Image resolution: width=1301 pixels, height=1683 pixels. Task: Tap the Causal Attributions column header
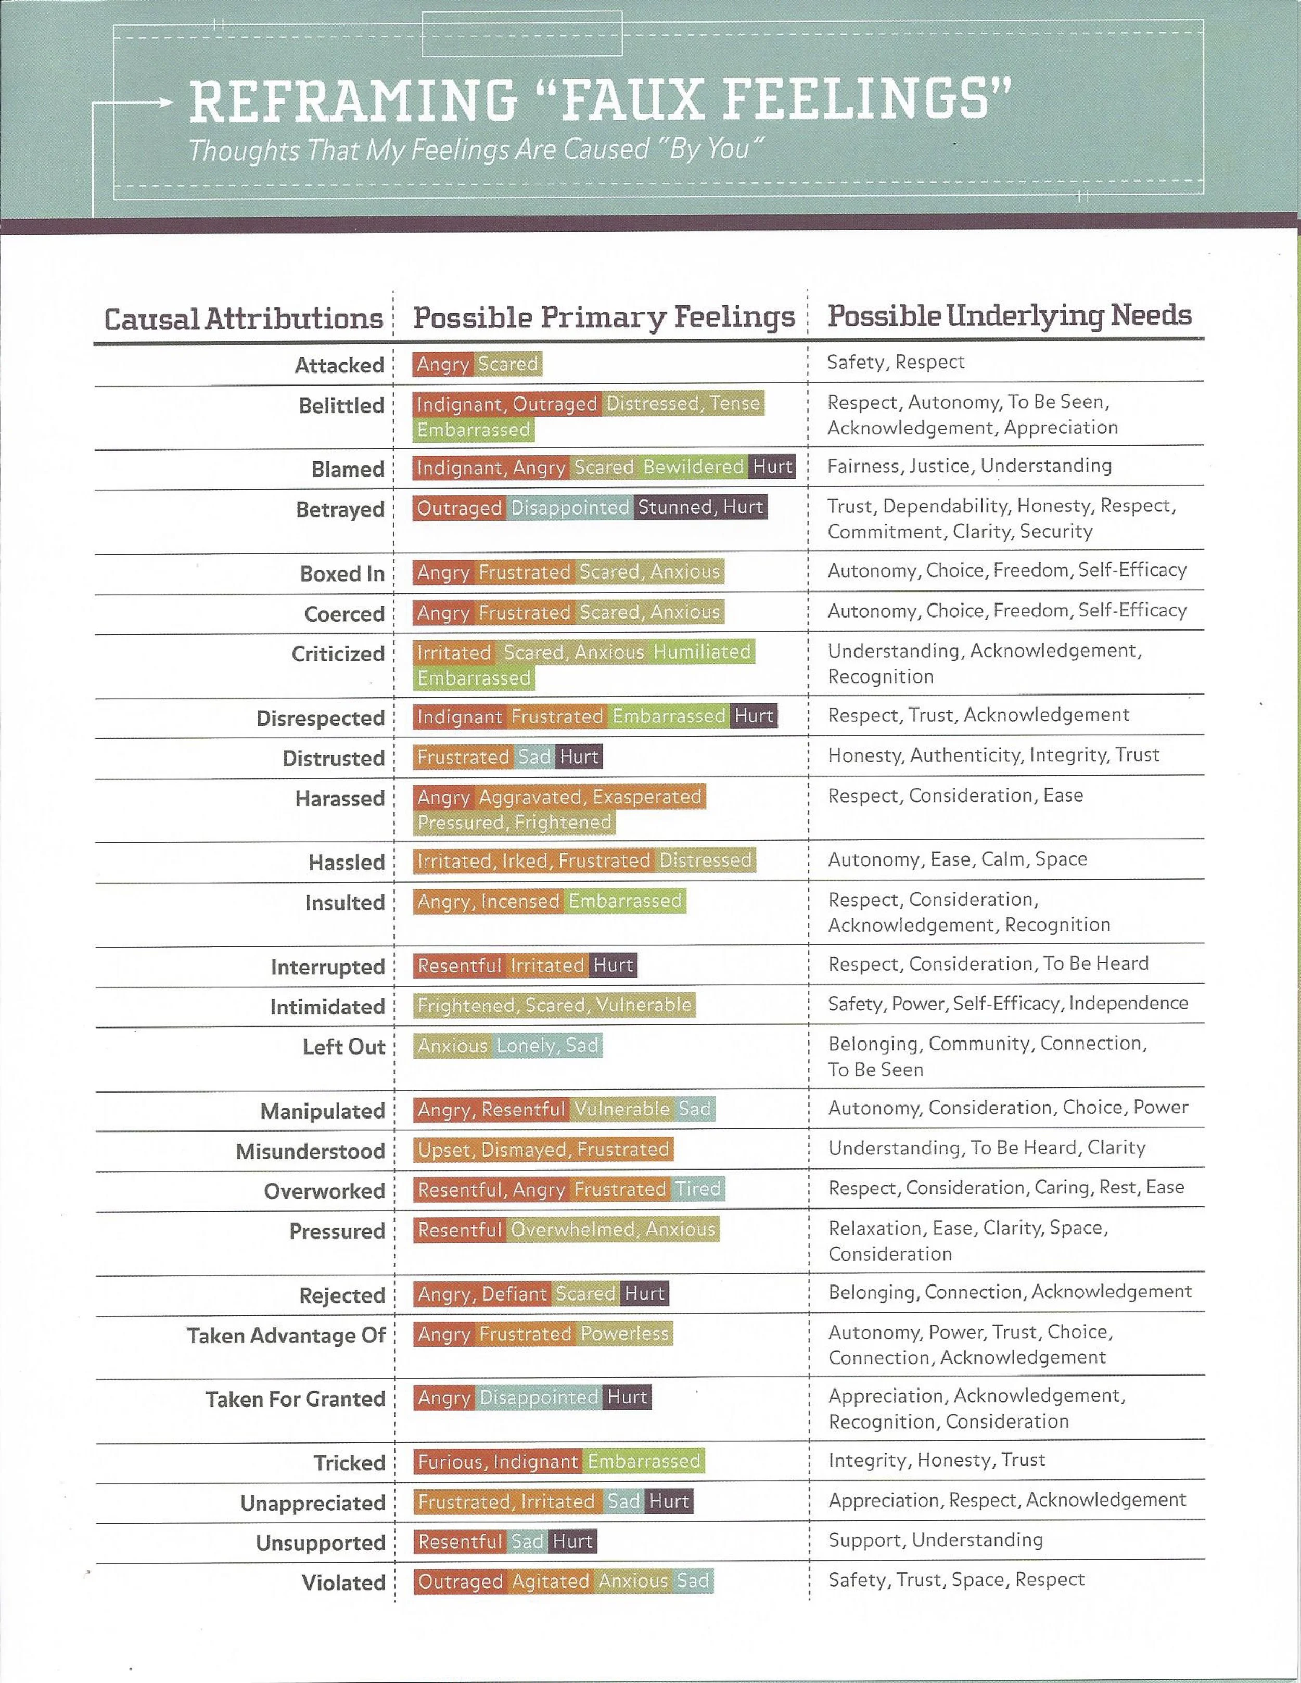(x=244, y=319)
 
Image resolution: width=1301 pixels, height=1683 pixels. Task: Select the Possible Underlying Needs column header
(x=1009, y=315)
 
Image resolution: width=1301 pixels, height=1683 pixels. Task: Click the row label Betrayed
(x=340, y=509)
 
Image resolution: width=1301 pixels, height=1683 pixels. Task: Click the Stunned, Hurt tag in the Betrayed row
(x=700, y=507)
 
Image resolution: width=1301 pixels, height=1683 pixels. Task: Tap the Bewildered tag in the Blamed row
(x=693, y=467)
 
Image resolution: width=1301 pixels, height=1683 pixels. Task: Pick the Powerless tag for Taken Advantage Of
(x=624, y=1334)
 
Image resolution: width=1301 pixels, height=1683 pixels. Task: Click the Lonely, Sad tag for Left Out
(x=547, y=1046)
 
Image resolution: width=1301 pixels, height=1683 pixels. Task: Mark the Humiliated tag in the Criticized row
(x=701, y=652)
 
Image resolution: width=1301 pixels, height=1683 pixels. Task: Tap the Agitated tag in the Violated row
(x=550, y=1581)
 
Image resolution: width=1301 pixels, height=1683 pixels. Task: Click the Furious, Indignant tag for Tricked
(x=497, y=1461)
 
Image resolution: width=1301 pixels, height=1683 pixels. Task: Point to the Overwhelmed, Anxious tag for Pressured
(x=613, y=1229)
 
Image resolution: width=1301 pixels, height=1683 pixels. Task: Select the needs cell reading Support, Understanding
(x=935, y=1539)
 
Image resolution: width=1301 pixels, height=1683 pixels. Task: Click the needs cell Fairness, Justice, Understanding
(x=969, y=466)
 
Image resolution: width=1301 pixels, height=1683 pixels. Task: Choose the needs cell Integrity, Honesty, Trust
(x=936, y=1459)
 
